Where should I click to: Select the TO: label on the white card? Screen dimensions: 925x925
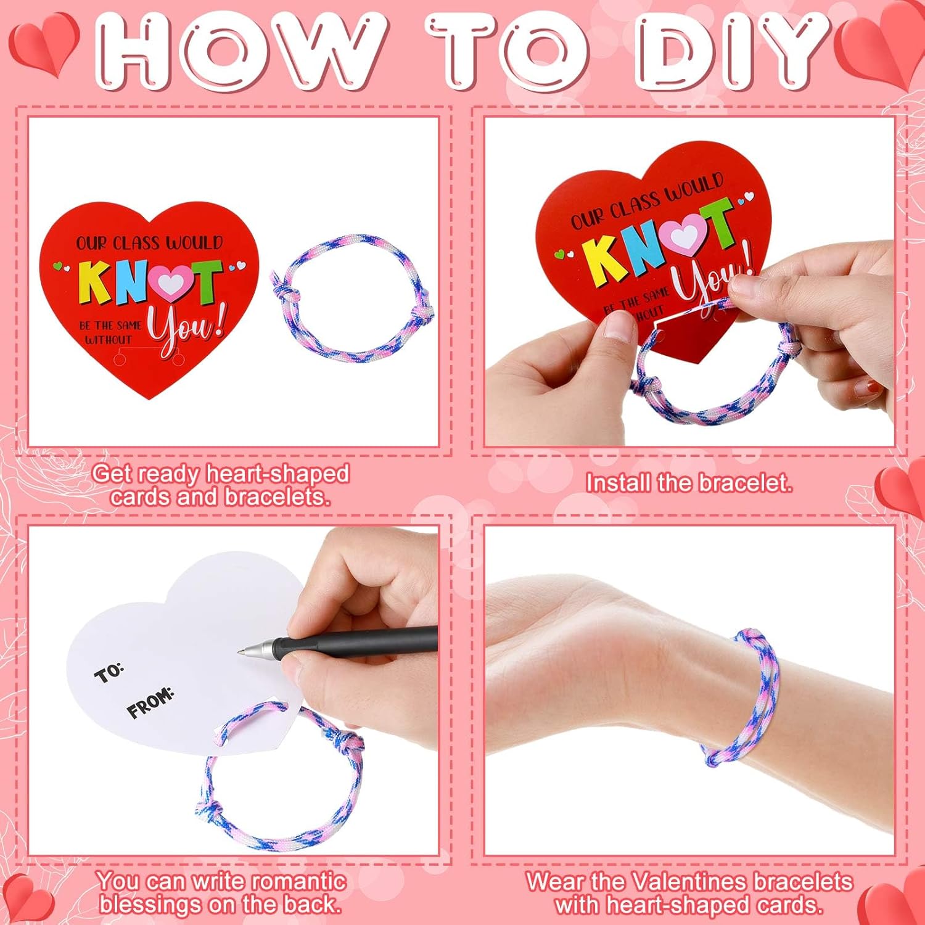tap(109, 673)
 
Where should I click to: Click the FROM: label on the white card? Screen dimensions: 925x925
tap(150, 704)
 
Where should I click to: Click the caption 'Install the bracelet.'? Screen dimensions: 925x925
tap(688, 483)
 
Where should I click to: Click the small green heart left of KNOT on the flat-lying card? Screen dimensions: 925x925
tap(57, 266)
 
